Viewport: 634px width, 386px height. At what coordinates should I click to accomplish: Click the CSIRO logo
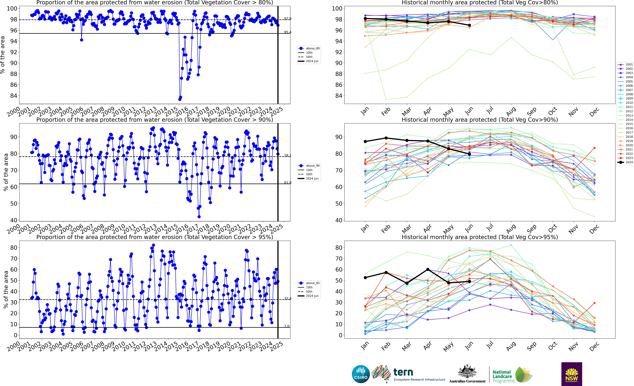(360, 374)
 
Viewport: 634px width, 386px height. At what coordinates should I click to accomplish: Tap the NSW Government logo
(571, 374)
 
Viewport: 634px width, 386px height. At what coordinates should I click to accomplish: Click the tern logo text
(403, 372)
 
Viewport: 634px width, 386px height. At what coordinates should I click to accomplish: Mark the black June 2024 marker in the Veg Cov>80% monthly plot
(469, 25)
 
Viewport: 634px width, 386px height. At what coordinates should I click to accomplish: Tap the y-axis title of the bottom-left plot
(6, 290)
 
